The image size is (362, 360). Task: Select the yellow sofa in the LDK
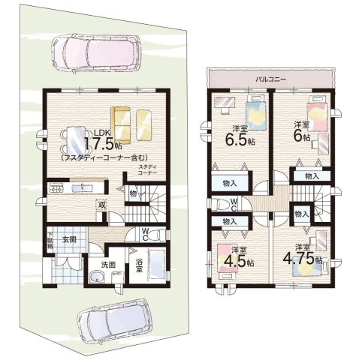[131, 121]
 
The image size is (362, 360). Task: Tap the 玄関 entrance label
[69, 239]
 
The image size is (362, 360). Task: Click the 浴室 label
[140, 266]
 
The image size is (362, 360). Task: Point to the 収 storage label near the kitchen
[101, 202]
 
